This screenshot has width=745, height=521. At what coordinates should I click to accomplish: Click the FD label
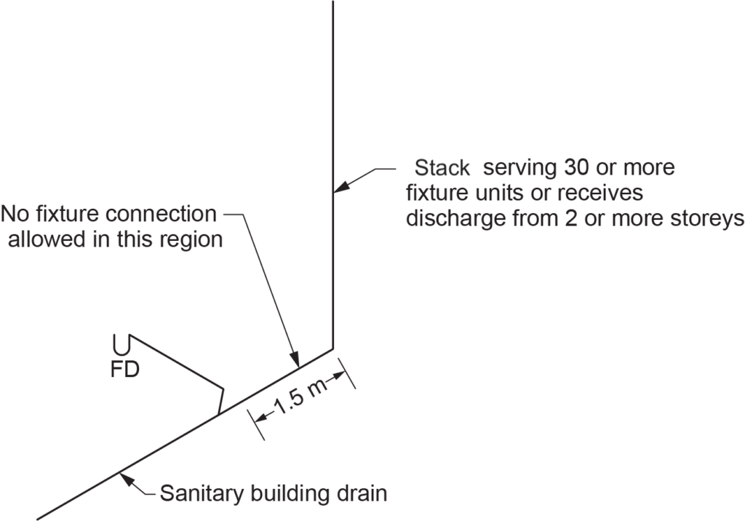(x=123, y=370)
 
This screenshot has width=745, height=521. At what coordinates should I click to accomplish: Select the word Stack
(x=442, y=168)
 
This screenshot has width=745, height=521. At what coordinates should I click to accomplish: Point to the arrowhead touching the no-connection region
(x=295, y=359)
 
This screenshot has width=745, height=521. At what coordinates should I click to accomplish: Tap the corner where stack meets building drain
(x=333, y=349)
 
